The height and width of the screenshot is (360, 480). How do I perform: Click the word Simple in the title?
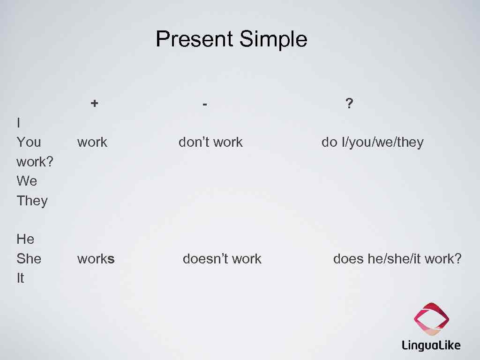pyautogui.click(x=273, y=39)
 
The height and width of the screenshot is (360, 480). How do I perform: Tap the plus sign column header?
pyautogui.click(x=95, y=103)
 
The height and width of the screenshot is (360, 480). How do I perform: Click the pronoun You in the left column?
pyautogui.click(x=29, y=142)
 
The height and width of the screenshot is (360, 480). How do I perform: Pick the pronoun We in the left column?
pyautogui.click(x=27, y=181)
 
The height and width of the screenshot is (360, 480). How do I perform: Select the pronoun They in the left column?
pyautogui.click(x=32, y=201)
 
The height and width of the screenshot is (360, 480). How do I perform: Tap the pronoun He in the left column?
pyautogui.click(x=25, y=239)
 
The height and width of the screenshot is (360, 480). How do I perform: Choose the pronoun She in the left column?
pyautogui.click(x=29, y=259)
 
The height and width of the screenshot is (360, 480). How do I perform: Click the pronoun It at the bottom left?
pyautogui.click(x=20, y=278)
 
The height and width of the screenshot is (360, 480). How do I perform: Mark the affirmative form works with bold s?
pyautogui.click(x=96, y=259)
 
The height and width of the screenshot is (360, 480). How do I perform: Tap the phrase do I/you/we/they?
pyautogui.click(x=372, y=142)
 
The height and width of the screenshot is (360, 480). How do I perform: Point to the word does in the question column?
pyautogui.click(x=348, y=259)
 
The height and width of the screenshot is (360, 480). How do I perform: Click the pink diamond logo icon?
pyautogui.click(x=431, y=319)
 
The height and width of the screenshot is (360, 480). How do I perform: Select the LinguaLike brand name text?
pyautogui.click(x=431, y=345)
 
